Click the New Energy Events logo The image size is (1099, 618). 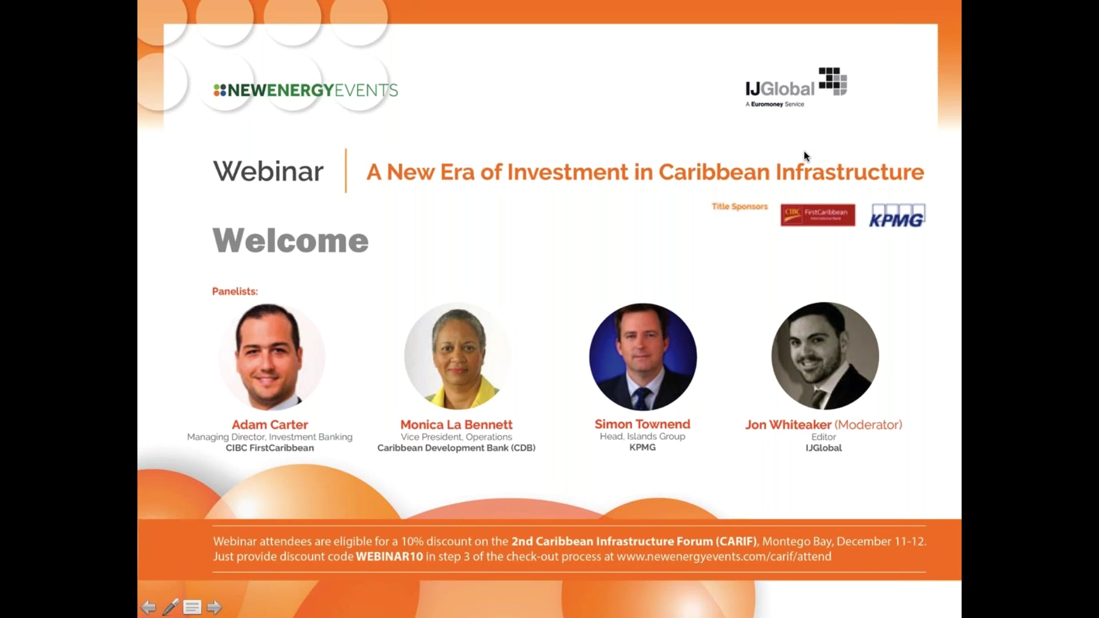click(305, 90)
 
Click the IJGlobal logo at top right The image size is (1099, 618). click(796, 87)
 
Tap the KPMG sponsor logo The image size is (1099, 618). click(897, 216)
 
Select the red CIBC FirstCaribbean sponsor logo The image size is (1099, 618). click(818, 215)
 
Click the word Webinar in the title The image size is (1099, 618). click(268, 171)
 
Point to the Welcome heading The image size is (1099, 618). click(290, 240)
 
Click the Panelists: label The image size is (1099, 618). click(235, 292)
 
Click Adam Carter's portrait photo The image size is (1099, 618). click(271, 356)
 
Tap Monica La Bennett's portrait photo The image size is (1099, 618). click(457, 356)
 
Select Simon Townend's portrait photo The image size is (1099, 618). click(643, 356)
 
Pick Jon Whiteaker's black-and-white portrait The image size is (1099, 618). click(825, 356)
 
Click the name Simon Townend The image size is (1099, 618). click(642, 424)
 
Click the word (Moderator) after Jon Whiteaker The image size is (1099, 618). click(868, 425)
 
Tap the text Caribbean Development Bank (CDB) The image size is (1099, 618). click(457, 448)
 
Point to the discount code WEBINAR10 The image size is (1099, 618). click(390, 557)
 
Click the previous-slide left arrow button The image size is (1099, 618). click(148, 607)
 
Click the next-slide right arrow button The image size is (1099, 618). click(214, 607)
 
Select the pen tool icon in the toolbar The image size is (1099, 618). click(170, 607)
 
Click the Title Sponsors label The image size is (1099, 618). click(740, 206)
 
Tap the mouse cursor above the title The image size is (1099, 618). click(807, 157)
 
